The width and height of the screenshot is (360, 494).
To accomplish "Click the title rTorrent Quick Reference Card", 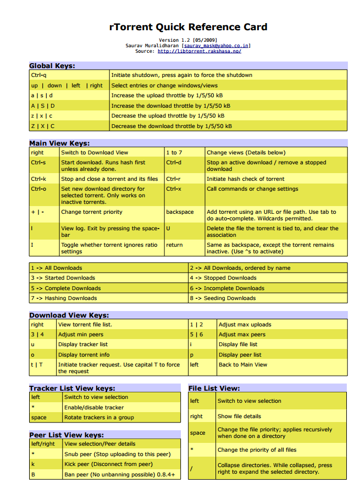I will click(x=189, y=26).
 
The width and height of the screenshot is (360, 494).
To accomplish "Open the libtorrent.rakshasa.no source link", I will click(x=199, y=51).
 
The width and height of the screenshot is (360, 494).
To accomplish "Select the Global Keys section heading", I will click(x=52, y=66).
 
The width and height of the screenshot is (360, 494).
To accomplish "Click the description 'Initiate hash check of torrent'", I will click(x=245, y=179).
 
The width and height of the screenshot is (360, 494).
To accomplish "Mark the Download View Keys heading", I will click(x=69, y=315).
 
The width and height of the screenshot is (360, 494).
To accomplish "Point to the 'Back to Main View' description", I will click(x=242, y=365).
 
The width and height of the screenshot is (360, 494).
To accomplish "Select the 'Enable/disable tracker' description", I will click(x=94, y=408).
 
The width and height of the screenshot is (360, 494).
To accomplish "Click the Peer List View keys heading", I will click(x=67, y=435).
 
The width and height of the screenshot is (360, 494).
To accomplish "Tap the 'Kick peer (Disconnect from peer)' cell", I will click(x=108, y=464).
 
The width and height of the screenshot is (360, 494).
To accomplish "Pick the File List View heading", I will click(x=214, y=388).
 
